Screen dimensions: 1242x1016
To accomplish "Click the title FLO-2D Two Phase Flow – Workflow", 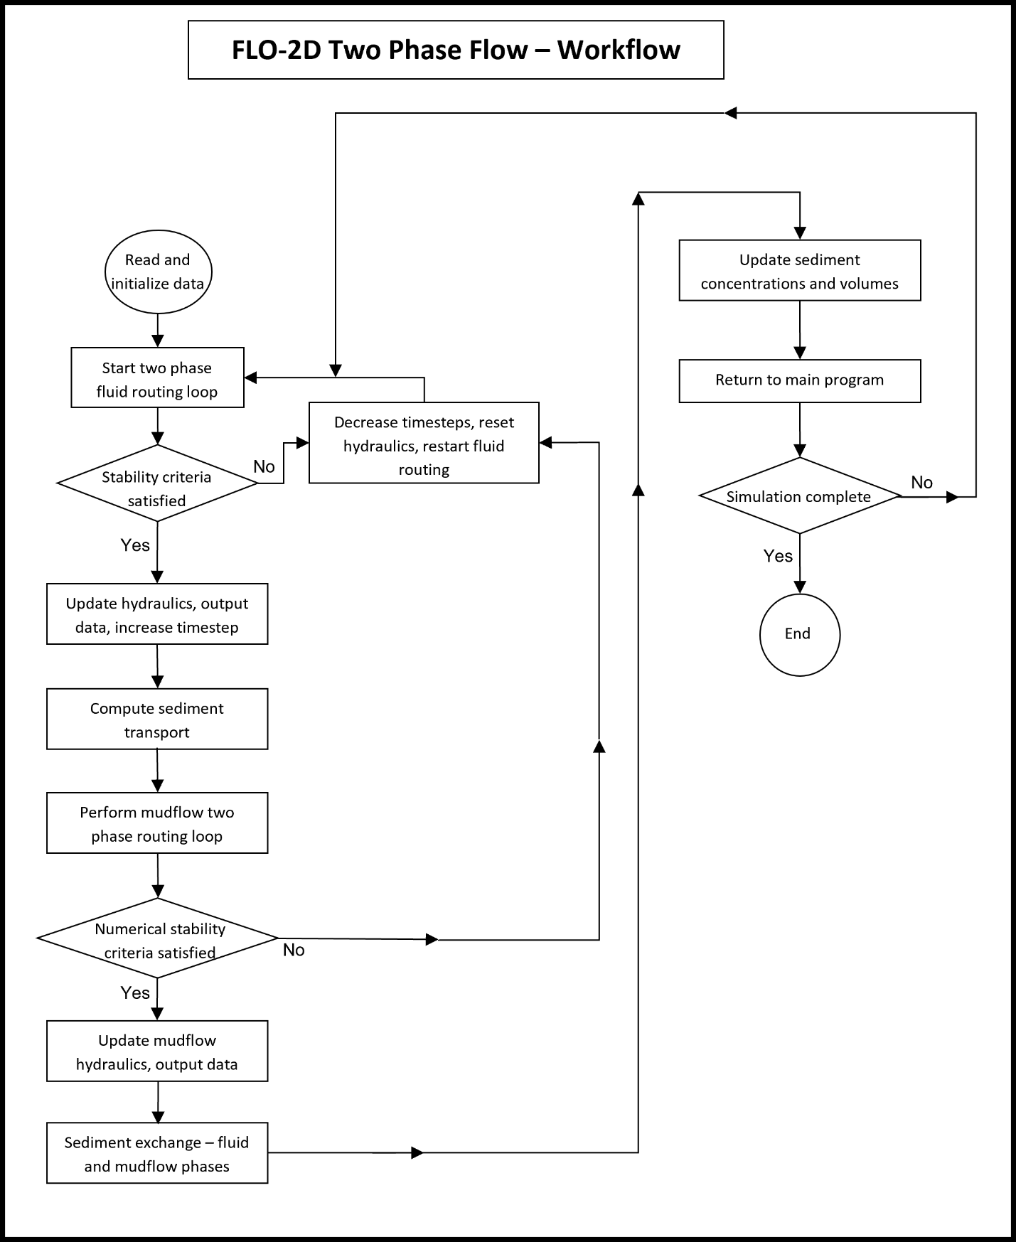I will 456,50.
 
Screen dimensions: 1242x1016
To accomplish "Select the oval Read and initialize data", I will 158,272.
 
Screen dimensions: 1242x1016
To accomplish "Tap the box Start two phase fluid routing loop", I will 157,378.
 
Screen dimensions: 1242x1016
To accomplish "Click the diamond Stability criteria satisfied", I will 157,483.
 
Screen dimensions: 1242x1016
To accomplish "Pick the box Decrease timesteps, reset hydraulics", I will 424,443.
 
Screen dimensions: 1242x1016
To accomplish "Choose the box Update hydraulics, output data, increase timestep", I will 157,614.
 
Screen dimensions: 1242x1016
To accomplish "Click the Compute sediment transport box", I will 157,719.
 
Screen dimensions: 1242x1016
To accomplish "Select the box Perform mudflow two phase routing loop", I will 157,823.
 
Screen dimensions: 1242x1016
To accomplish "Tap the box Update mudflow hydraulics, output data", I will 157,1051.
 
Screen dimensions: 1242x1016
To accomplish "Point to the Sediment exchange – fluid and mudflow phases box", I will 157,1153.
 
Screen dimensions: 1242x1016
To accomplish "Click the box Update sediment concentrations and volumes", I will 800,271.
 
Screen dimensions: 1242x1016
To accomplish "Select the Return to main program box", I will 800,381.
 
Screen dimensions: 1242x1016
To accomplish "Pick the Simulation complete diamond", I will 800,496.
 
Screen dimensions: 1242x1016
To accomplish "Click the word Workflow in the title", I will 619,50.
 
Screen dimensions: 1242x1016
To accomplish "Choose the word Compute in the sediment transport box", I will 119,709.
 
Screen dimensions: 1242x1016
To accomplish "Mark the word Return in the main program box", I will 737,380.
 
